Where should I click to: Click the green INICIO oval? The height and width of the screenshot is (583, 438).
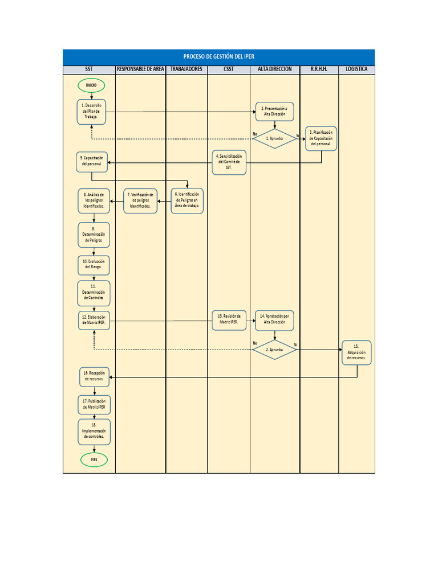(x=91, y=85)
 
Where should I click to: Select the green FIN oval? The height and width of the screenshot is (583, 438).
(x=95, y=459)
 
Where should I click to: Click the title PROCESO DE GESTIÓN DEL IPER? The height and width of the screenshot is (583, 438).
(x=219, y=56)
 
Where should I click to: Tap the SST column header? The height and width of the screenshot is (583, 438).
(x=90, y=69)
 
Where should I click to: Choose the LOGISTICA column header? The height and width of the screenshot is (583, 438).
(x=357, y=69)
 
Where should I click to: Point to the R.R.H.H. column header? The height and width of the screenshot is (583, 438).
(x=319, y=69)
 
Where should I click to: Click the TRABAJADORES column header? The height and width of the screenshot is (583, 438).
(x=186, y=69)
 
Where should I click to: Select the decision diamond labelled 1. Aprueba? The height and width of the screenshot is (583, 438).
(x=274, y=138)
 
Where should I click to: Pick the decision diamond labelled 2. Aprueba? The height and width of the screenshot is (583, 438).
(x=274, y=350)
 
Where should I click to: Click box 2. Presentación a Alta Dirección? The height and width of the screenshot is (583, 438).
(x=274, y=111)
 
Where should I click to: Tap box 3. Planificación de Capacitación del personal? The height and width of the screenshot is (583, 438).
(x=321, y=138)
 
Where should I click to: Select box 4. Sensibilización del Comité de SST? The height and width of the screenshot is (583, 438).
(x=229, y=162)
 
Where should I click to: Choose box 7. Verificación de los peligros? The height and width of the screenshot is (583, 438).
(x=141, y=200)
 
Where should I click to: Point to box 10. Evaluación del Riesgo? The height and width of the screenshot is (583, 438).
(x=94, y=264)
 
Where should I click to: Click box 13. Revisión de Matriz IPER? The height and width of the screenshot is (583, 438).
(x=229, y=319)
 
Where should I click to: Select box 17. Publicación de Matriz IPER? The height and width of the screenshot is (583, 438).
(x=94, y=405)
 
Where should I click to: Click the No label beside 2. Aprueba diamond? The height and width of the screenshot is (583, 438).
(x=255, y=343)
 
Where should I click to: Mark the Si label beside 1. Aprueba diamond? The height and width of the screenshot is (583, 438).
(x=298, y=135)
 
